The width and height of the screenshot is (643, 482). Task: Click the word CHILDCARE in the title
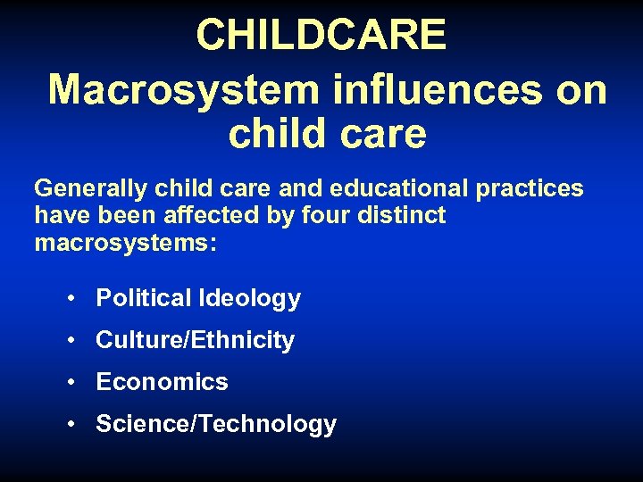[x=321, y=36]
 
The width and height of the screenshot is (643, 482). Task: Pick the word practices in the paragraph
[x=530, y=189]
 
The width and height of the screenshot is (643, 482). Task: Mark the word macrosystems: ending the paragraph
[x=125, y=243]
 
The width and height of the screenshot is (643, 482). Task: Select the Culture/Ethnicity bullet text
[x=195, y=340]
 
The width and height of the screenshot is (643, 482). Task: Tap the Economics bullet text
[x=162, y=382]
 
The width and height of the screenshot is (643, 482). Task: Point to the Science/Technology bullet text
[x=215, y=424]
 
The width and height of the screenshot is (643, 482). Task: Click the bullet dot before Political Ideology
[x=70, y=299]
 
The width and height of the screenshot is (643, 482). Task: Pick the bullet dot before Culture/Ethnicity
[x=70, y=341]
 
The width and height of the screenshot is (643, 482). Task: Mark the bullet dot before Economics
[x=70, y=383]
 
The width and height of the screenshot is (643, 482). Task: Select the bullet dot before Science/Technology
[x=70, y=425]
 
